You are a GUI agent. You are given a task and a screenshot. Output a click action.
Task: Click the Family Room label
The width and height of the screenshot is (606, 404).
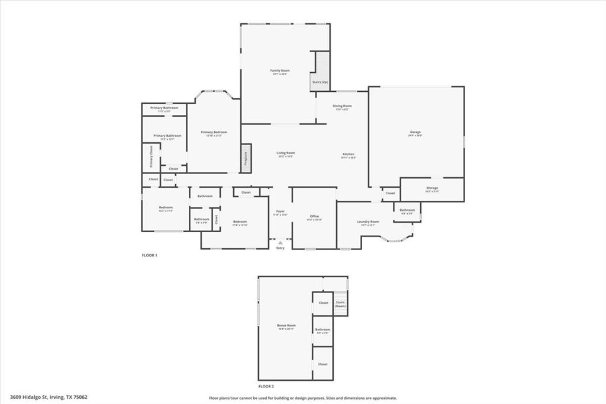point(281,70)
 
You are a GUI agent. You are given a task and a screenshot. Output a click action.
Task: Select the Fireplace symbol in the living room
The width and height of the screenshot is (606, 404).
point(245,159)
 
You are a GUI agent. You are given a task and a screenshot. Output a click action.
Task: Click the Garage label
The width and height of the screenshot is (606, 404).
point(415,132)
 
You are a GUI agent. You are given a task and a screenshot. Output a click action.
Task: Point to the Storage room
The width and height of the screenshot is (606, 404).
point(432,189)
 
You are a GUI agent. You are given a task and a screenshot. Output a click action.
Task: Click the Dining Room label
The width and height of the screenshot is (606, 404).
point(342,106)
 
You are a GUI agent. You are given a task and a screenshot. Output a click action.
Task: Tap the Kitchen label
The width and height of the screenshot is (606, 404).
point(348,154)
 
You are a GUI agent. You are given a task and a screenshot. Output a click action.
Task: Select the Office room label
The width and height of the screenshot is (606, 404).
point(314,217)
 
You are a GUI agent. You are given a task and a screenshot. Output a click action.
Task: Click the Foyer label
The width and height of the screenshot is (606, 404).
point(280,211)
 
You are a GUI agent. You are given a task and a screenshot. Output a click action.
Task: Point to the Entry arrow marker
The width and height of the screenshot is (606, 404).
point(281,242)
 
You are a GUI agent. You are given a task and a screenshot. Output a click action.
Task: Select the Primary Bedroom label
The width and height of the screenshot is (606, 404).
point(214,133)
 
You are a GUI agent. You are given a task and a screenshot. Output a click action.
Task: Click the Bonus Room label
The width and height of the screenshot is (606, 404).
point(286,325)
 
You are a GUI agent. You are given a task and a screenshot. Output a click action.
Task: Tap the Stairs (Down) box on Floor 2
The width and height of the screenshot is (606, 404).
point(340,304)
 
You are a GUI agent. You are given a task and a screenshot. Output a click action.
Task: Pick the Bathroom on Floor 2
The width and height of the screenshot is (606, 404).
point(323,331)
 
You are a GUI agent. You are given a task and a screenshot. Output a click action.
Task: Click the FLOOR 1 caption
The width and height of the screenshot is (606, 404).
point(149,255)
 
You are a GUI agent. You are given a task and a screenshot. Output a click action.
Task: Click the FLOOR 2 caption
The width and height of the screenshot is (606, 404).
point(266,386)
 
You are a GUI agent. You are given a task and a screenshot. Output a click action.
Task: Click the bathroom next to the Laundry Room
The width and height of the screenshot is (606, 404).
point(407,211)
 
